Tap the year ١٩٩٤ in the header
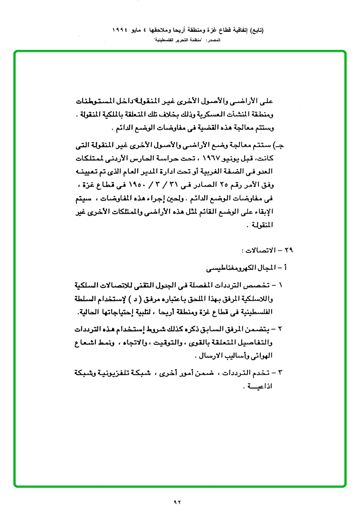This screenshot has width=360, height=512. [121, 29]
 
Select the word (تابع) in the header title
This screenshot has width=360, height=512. [256, 29]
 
